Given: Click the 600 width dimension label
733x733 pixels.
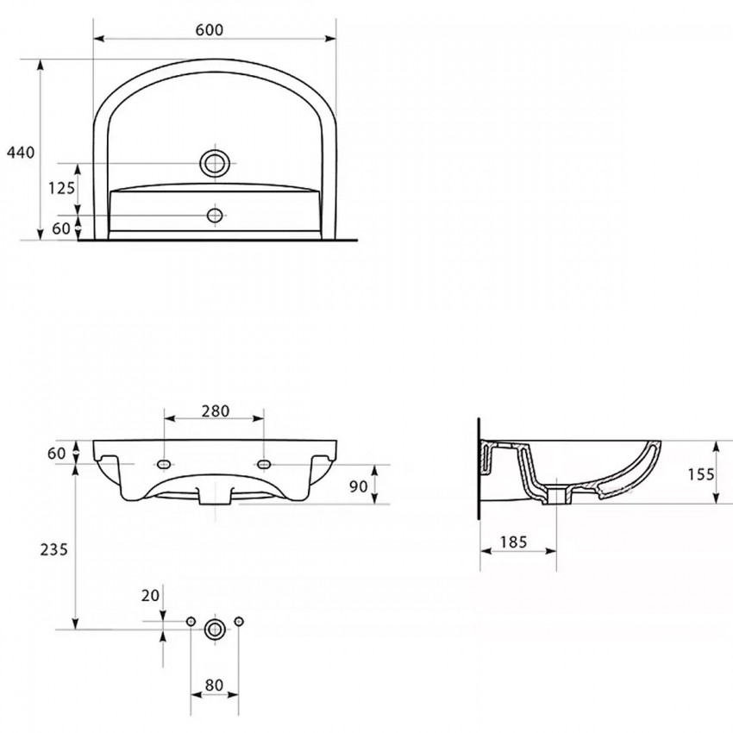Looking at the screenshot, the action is point(210,30).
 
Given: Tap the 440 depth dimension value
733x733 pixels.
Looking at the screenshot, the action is point(21,153).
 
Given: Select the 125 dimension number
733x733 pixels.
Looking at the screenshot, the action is point(62,188).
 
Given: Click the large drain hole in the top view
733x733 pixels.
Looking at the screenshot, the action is point(215,163).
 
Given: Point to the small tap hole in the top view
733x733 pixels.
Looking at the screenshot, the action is point(215,216).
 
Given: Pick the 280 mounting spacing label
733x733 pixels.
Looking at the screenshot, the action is point(216,410).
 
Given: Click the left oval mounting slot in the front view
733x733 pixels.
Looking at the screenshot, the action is point(164,464).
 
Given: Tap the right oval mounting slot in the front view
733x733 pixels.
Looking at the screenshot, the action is point(264,464).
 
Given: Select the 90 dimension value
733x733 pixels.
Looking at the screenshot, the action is point(359,486).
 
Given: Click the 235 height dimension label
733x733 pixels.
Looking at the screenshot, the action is point(53,549).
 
